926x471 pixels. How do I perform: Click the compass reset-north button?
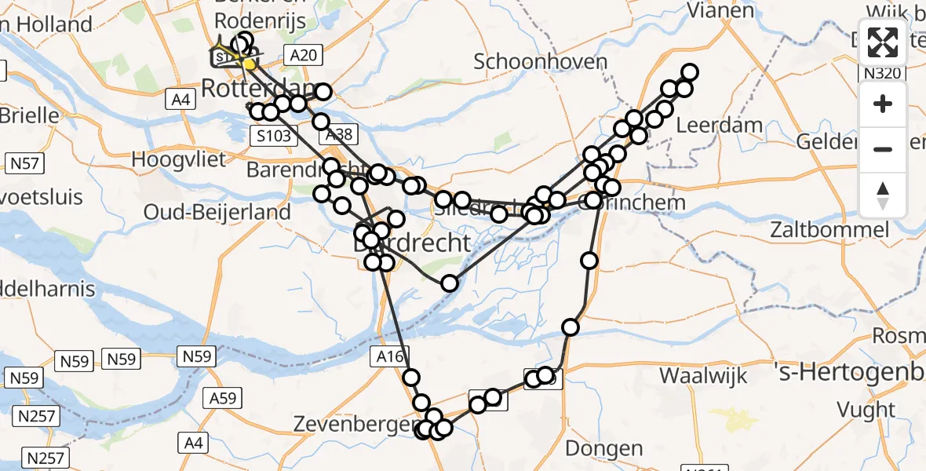point(883,195)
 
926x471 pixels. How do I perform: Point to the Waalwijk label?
point(703,374)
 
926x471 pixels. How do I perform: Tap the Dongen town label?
point(603,449)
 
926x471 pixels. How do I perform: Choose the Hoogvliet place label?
point(178,159)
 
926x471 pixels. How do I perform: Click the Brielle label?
point(30,115)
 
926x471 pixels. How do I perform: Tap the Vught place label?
point(866,409)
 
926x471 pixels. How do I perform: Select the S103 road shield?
point(274,136)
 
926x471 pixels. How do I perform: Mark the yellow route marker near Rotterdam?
point(249,64)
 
